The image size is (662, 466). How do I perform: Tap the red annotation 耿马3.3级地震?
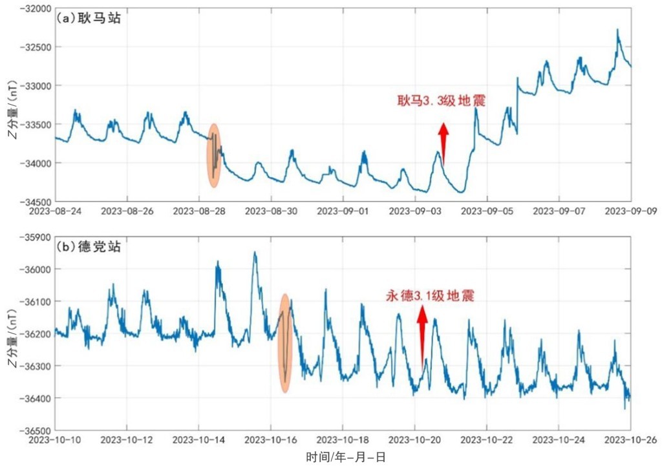442,100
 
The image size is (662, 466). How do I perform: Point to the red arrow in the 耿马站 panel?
443,142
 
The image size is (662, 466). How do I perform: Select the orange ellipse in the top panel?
214,156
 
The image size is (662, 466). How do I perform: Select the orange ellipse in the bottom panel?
284,344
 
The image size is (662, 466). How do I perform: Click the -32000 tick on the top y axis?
32,8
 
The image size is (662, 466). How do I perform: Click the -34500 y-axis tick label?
32,201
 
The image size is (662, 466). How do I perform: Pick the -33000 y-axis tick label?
32,85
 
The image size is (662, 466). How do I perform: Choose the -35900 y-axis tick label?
32,237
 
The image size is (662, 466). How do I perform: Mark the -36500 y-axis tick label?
32,430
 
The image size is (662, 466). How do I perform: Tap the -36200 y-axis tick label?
32,334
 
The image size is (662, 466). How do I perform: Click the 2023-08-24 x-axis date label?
55,211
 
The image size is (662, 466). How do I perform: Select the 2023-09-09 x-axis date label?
631,211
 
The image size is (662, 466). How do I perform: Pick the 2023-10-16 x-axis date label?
272,440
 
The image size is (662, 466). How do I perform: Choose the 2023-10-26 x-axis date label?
631,440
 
